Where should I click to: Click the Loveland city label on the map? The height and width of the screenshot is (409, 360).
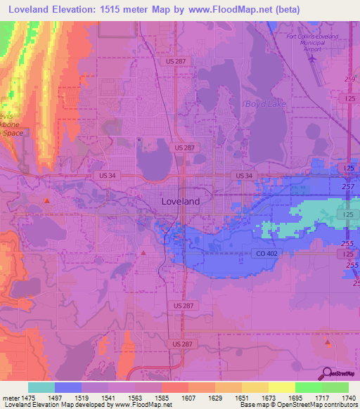[180, 201]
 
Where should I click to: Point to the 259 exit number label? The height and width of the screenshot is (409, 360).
[349, 79]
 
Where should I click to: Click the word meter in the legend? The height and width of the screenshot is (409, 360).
[11, 398]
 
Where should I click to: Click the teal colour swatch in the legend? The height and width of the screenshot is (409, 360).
[41, 387]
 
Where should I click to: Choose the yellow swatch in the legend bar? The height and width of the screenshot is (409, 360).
[282, 387]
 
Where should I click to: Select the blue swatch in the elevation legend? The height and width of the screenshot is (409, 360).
[68, 387]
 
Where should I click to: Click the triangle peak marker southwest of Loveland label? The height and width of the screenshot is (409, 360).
[143, 252]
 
